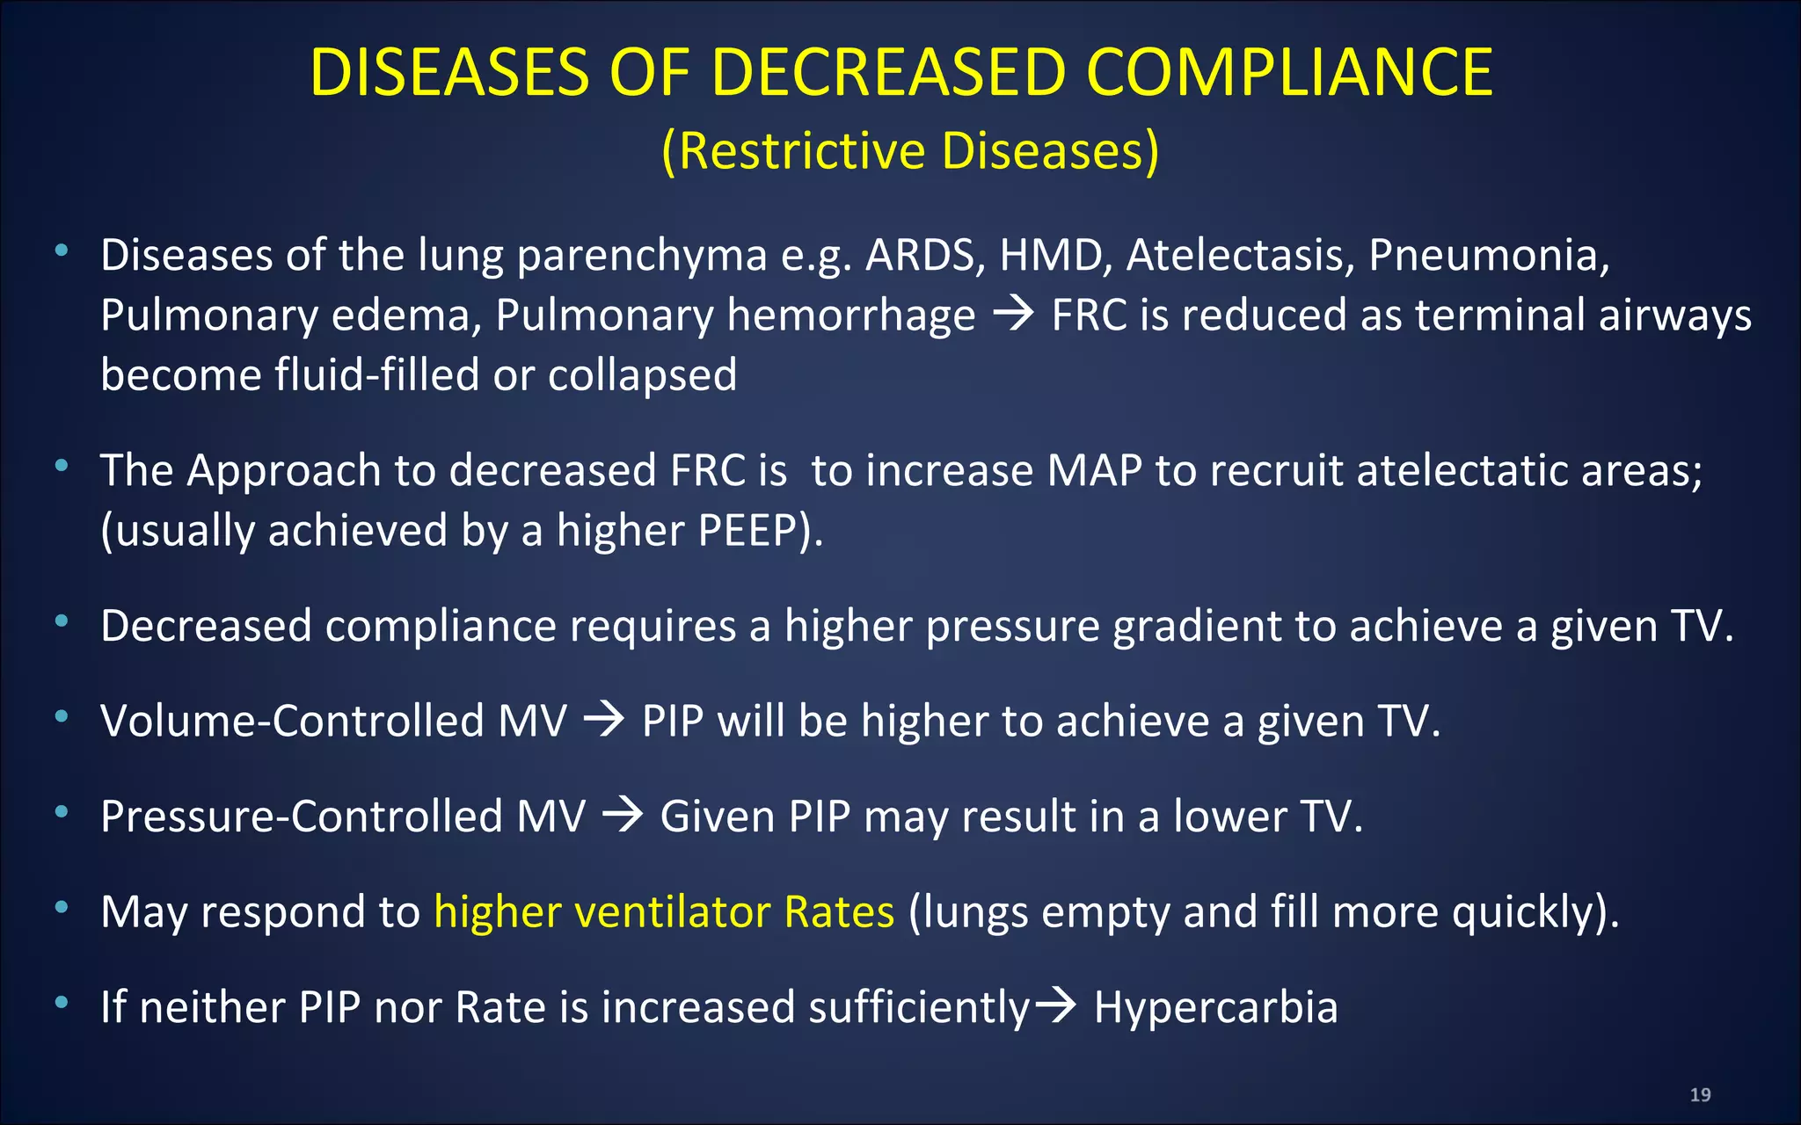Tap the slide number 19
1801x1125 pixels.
coord(1700,1094)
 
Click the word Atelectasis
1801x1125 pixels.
coord(1241,256)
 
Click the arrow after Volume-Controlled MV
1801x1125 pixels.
coord(604,721)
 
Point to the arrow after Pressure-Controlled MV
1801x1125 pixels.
coord(623,816)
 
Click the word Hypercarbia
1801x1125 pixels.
coord(1215,1007)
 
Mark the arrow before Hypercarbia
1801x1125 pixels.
coord(1054,1005)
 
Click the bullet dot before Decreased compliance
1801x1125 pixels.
coord(62,621)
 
